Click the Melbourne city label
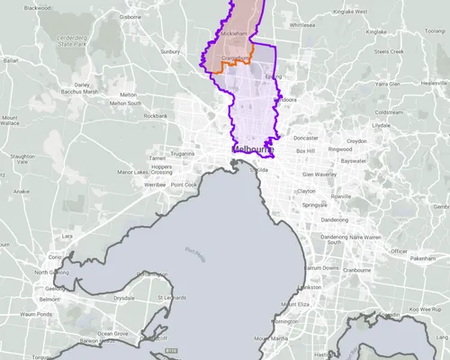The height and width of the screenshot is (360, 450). click(252, 148)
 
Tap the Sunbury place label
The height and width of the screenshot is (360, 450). click(170, 52)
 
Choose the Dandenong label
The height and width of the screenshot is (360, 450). click(334, 220)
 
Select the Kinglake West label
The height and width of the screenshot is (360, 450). click(349, 12)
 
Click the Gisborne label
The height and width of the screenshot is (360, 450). click(130, 17)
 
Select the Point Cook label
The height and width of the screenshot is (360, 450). click(184, 184)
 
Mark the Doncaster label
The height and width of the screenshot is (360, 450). click(306, 139)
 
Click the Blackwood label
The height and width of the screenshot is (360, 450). click(38, 7)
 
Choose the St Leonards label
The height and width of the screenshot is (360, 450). click(170, 297)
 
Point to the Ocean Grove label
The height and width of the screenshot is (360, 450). click(113, 333)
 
